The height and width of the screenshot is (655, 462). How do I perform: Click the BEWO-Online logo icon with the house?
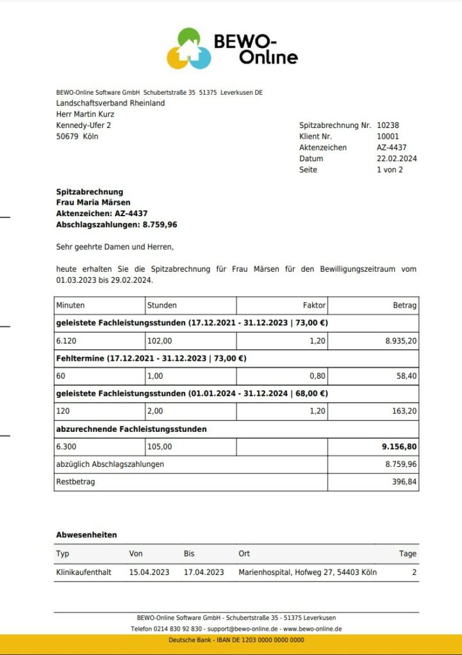click(x=189, y=49)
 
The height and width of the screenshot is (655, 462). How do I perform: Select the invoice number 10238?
click(x=388, y=125)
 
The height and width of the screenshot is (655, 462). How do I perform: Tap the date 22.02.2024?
click(x=397, y=159)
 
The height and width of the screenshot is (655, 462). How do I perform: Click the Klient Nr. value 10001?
click(x=388, y=136)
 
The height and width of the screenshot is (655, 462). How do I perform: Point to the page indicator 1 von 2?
click(x=390, y=170)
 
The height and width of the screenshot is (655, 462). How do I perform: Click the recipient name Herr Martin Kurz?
click(x=85, y=114)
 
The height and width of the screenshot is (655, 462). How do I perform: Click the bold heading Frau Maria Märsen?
click(x=94, y=203)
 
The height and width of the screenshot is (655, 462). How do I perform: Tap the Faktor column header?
click(x=314, y=305)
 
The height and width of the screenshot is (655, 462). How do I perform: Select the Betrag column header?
click(x=404, y=305)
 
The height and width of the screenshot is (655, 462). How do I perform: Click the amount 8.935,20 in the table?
click(x=400, y=341)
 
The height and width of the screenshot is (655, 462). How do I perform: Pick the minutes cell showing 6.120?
click(x=66, y=341)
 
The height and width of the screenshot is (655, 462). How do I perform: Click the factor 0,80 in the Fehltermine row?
click(x=318, y=376)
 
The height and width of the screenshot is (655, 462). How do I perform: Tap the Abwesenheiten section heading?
click(x=87, y=535)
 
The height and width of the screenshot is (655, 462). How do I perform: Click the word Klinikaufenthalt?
click(x=84, y=572)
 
